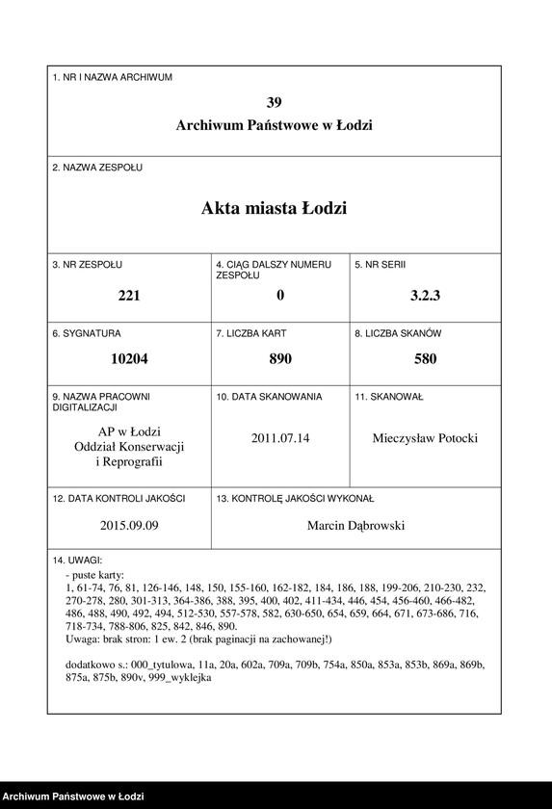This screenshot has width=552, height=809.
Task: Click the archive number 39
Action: click(x=275, y=102)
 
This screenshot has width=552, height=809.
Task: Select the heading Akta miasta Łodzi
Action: click(x=275, y=208)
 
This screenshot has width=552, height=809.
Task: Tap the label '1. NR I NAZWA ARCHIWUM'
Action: click(x=113, y=77)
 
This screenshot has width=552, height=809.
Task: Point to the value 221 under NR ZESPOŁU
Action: click(x=129, y=296)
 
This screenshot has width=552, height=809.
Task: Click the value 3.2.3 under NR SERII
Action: click(x=425, y=296)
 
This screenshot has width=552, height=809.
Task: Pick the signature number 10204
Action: click(x=129, y=359)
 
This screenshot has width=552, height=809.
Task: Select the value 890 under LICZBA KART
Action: click(x=280, y=359)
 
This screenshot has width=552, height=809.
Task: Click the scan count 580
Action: click(x=425, y=359)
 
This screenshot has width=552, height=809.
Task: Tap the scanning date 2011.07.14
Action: click(x=280, y=438)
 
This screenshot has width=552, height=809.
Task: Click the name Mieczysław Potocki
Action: click(x=425, y=438)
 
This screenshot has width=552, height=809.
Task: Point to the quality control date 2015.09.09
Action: click(x=129, y=526)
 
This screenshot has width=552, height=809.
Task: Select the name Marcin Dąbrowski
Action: click(x=356, y=526)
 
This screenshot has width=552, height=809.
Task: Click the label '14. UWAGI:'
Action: click(x=77, y=560)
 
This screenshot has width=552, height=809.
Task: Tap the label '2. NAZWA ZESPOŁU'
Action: click(x=97, y=168)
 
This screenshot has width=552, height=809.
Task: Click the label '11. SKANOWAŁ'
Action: click(x=389, y=397)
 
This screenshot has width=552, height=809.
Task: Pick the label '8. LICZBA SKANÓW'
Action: click(x=398, y=333)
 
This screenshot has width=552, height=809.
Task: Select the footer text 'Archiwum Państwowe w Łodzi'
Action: click(x=73, y=796)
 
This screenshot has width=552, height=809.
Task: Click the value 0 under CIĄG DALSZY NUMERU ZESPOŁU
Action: click(x=280, y=296)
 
